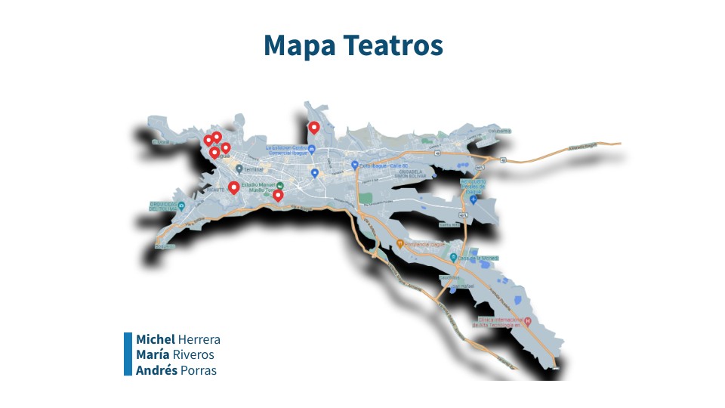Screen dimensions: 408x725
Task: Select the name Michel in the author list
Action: (156, 339)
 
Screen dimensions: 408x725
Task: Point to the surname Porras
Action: (199, 370)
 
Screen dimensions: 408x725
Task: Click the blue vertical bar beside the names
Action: (128, 354)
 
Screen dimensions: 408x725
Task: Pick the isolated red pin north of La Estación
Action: (313, 128)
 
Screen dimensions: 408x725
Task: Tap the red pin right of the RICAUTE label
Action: (233, 187)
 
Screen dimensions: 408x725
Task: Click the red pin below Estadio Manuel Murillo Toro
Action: (278, 196)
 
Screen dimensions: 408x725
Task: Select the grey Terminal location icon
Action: (239, 168)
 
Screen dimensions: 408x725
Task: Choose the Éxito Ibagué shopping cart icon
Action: (354, 165)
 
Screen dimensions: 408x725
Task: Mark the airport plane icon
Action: (473, 199)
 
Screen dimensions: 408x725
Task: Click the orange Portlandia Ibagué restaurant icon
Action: (400, 244)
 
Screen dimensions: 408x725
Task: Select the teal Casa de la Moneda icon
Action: (453, 257)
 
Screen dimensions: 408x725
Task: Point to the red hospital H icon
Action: (528, 320)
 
